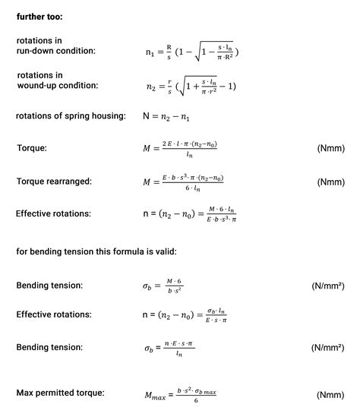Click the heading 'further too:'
pyautogui.click(x=39, y=14)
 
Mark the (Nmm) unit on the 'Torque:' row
pyautogui.click(x=331, y=148)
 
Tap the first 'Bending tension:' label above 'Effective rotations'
pyautogui.click(x=49, y=286)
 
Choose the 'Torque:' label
pyautogui.click(x=32, y=148)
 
